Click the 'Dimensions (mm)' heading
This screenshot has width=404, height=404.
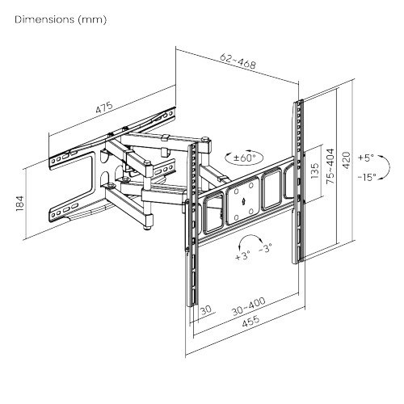[x=60, y=19]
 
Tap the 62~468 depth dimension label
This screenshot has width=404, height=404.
[x=237, y=62]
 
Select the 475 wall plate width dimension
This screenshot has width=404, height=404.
[x=103, y=108]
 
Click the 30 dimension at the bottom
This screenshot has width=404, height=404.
[x=205, y=310]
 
